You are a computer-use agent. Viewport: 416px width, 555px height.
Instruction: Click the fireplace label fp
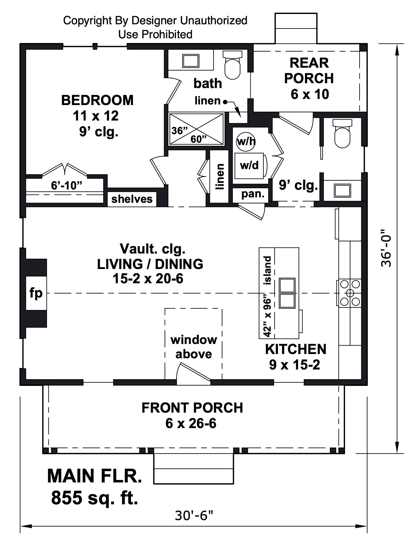[x=36, y=293]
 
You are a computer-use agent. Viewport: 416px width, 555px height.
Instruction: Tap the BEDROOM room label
[x=97, y=100]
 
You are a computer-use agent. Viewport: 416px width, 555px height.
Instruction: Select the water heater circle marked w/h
[x=246, y=141]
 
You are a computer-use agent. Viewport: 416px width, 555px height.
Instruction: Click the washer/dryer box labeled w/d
[x=249, y=165]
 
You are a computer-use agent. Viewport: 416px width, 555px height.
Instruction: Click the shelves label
[x=132, y=199]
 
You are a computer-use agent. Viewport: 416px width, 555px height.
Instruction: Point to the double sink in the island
[x=287, y=293]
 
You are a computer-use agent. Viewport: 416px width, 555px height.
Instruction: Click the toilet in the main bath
[x=232, y=65]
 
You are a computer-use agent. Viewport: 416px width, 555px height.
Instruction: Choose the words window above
[x=194, y=347]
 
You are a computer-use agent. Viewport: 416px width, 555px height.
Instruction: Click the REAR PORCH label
[x=309, y=70]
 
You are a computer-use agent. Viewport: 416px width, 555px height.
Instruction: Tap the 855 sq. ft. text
[x=94, y=498]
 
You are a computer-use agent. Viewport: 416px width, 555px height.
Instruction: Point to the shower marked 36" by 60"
[x=196, y=129]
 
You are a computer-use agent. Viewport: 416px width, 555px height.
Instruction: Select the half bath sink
[x=342, y=190]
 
